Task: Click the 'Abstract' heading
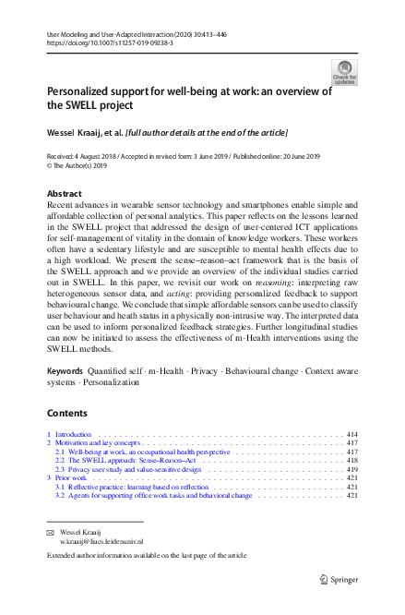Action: [64, 194]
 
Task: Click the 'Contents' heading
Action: [67, 413]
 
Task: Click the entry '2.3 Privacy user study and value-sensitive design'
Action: [127, 468]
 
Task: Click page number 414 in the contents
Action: [351, 433]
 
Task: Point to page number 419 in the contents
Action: [351, 468]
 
